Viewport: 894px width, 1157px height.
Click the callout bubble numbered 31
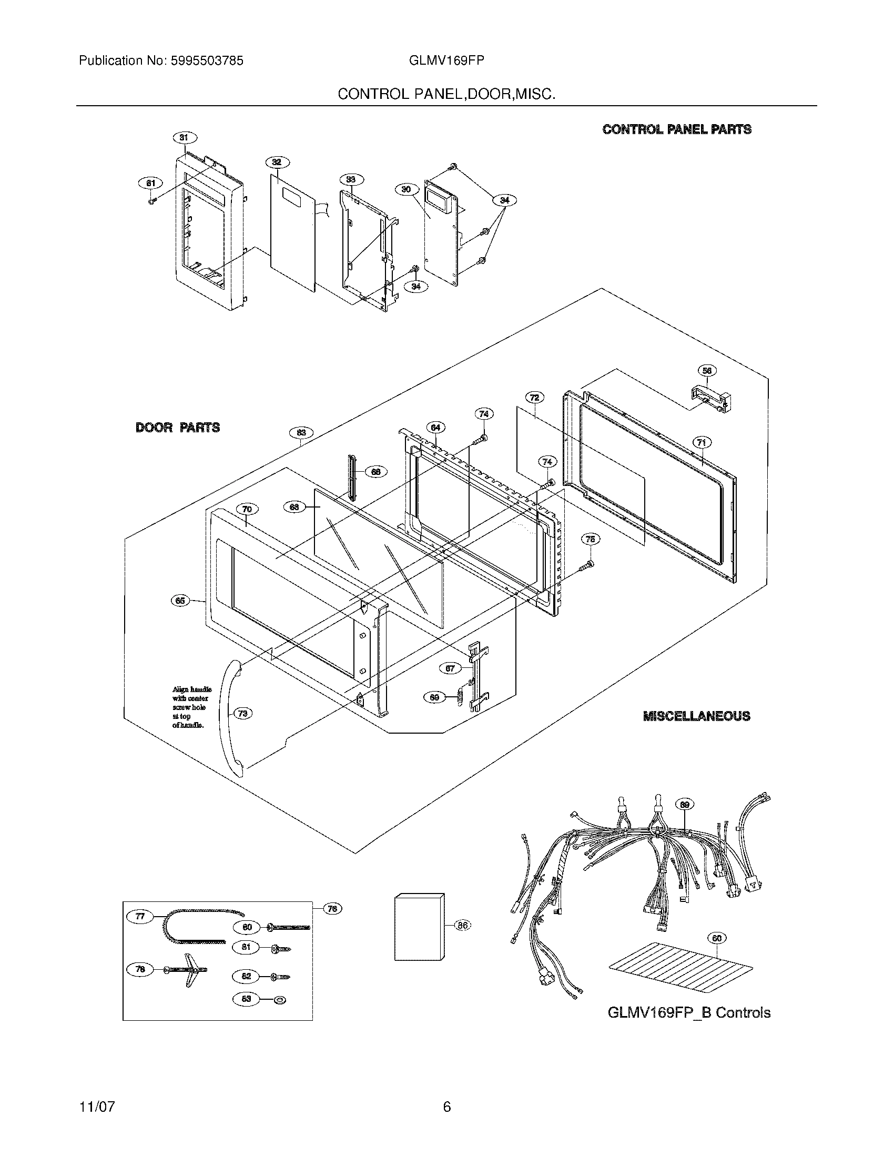[x=184, y=138]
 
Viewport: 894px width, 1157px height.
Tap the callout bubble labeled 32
[x=276, y=162]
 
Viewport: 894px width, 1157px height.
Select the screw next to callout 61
[x=152, y=201]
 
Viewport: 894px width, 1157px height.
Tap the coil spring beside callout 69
[x=460, y=696]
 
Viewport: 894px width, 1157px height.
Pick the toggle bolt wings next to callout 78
[x=187, y=970]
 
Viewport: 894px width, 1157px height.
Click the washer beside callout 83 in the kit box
[x=279, y=1000]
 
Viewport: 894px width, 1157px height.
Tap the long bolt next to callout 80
[x=289, y=927]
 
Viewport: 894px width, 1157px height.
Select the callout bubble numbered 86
[x=462, y=926]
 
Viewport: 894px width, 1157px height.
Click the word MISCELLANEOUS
[x=696, y=716]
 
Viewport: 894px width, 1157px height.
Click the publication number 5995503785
[x=207, y=61]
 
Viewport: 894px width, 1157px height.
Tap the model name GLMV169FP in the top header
[x=446, y=61]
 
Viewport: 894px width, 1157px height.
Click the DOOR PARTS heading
[x=177, y=428]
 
